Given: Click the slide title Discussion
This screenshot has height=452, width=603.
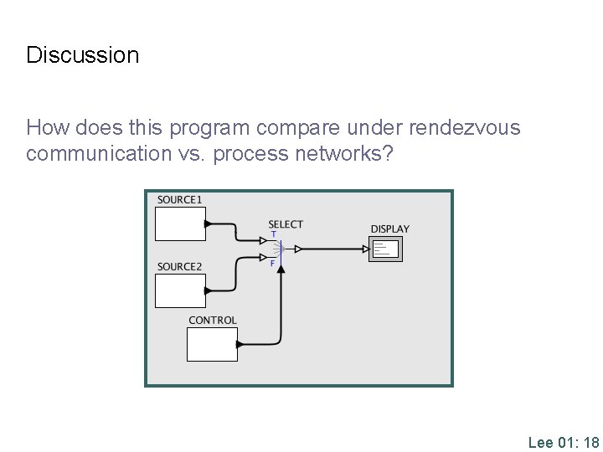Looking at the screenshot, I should tap(83, 55).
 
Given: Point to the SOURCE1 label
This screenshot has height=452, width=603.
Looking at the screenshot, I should tap(179, 199).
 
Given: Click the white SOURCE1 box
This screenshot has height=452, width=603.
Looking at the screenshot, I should tap(179, 223).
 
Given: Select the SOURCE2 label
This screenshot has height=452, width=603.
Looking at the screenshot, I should tap(179, 267).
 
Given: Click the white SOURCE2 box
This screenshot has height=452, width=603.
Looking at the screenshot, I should tap(179, 290).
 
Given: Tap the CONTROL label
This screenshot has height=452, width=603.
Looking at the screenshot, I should tap(213, 320).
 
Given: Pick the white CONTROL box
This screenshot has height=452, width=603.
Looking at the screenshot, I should tap(211, 344).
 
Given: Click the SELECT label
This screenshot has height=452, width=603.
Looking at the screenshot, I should tap(286, 223).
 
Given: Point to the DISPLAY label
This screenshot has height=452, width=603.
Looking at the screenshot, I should tap(390, 229).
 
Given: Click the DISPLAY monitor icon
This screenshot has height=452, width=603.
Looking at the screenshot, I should tap(385, 249).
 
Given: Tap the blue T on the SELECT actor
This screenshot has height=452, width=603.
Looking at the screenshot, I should tap(274, 234).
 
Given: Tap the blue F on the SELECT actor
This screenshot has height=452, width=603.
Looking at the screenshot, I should tap(272, 263).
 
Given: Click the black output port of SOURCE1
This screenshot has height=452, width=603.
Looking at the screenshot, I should tap(209, 223).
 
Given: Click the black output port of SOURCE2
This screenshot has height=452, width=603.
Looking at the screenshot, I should tap(209, 290).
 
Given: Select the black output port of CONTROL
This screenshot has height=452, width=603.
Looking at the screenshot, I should tap(240, 344).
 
